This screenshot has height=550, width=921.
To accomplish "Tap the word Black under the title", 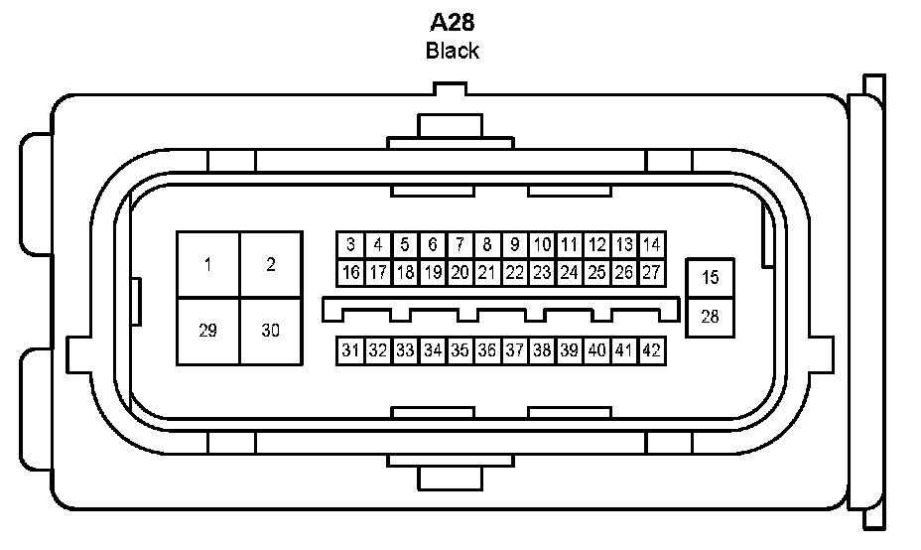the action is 452,51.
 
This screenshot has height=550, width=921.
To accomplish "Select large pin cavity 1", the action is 207,264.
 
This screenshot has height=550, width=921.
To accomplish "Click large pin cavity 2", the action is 270,264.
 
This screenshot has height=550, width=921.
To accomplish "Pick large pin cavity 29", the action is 207,331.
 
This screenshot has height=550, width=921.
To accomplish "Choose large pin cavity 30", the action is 270,331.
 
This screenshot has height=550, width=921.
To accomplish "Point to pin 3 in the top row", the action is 350,244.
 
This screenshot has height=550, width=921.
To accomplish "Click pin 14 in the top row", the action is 651,244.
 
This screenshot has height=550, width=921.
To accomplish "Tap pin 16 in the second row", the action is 350,272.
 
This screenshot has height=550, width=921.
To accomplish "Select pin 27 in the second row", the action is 651,272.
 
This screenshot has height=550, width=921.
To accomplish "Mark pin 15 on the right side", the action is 710,278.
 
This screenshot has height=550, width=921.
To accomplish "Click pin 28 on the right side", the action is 710,316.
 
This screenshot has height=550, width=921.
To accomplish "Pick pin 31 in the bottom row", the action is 350,349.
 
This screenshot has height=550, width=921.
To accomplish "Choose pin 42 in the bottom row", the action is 651,349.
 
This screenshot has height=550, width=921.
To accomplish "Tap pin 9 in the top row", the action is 514,244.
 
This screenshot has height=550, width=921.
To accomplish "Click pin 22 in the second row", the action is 514,272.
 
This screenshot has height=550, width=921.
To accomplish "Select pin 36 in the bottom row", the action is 486,349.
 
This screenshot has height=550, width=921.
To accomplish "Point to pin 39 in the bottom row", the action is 569,349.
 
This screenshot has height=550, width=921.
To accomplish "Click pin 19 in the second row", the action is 433,272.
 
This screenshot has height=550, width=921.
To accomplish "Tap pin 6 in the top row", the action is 433,244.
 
